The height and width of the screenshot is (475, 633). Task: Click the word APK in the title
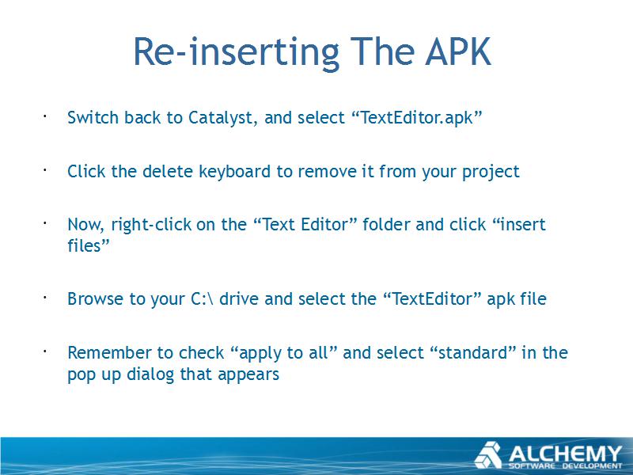tap(458, 51)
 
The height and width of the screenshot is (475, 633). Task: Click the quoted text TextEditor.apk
tap(417, 118)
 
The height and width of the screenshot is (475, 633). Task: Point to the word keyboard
tap(234, 171)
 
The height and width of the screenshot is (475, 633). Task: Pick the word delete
tap(168, 171)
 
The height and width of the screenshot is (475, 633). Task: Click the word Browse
tap(95, 299)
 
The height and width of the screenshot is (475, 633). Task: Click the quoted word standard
tap(472, 352)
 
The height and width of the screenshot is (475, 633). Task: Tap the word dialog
tap(150, 374)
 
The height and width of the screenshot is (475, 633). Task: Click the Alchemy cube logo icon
tap(488, 455)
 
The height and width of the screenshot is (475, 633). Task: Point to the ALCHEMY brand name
tap(565, 454)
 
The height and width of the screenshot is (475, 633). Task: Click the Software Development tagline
tap(565, 466)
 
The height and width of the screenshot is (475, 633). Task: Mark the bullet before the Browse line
tap(45, 298)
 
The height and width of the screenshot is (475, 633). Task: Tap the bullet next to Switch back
tap(45, 116)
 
